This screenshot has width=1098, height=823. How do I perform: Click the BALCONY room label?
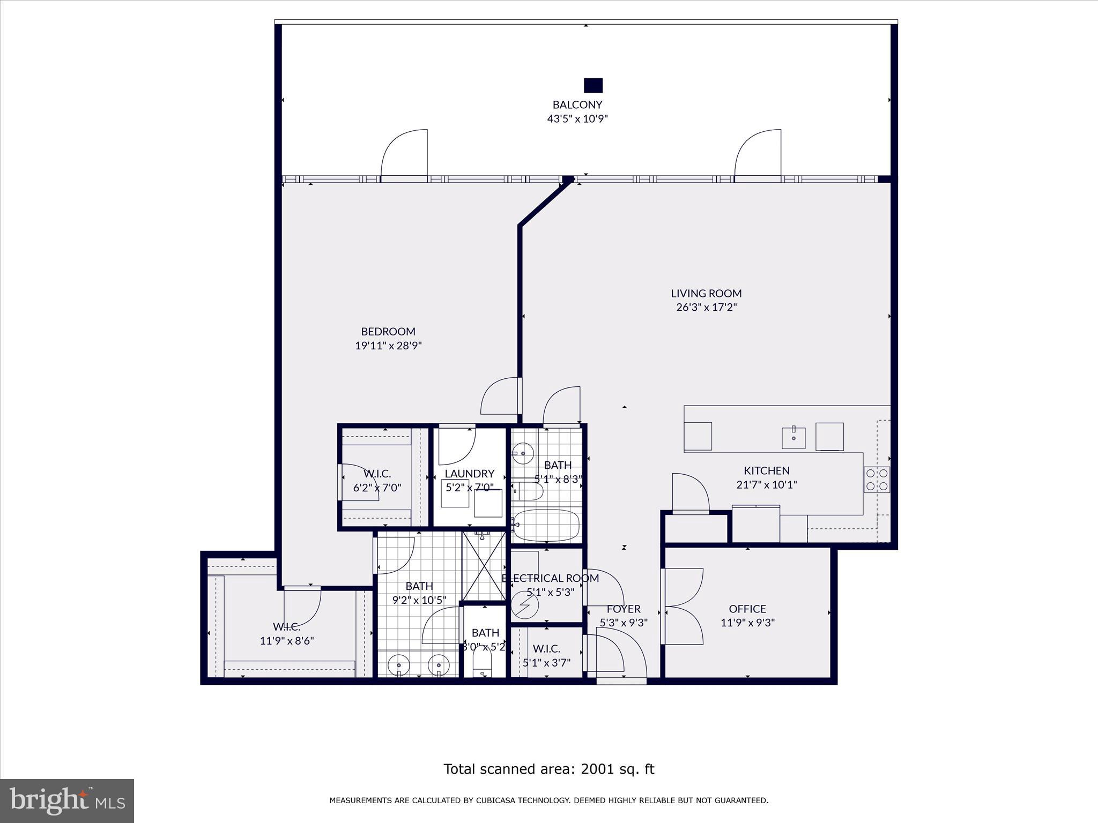[x=577, y=104]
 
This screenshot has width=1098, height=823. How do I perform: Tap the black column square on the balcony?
[x=593, y=86]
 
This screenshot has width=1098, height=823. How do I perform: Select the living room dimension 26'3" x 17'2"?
[x=706, y=308]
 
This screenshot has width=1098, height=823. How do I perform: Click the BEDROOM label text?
[x=388, y=332]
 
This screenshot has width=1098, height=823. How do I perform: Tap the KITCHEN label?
[x=766, y=470]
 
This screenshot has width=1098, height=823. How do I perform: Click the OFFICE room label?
[x=747, y=609]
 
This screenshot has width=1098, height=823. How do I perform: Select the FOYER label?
[x=624, y=609]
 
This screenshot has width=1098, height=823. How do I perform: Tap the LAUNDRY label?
[x=469, y=474]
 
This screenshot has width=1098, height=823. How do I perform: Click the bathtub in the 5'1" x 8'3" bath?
[x=546, y=525]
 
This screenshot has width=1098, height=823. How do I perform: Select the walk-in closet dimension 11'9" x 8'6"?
[x=287, y=641]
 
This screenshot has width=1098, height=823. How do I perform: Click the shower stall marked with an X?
[x=484, y=567]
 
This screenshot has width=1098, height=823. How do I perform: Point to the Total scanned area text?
[x=548, y=769]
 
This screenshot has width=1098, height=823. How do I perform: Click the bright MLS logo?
[x=67, y=800]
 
